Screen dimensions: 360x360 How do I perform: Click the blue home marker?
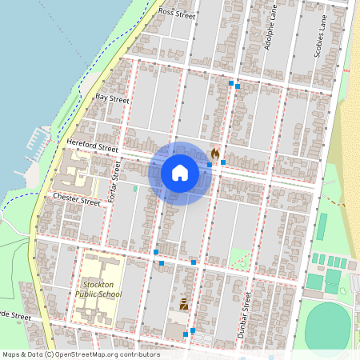coord(180,173)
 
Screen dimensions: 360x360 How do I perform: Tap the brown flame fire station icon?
coord(214,153)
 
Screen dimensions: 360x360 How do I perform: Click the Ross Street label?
coord(177,13)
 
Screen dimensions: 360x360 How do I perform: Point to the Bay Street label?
coord(112,99)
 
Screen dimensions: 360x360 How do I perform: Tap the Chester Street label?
coord(77,198)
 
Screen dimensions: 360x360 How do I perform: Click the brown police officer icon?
coord(184,304)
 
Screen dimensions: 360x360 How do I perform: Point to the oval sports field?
coord(330,326)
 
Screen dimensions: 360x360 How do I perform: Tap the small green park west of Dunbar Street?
coord(240,259)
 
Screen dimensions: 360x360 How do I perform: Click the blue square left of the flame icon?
coord(210,164)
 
